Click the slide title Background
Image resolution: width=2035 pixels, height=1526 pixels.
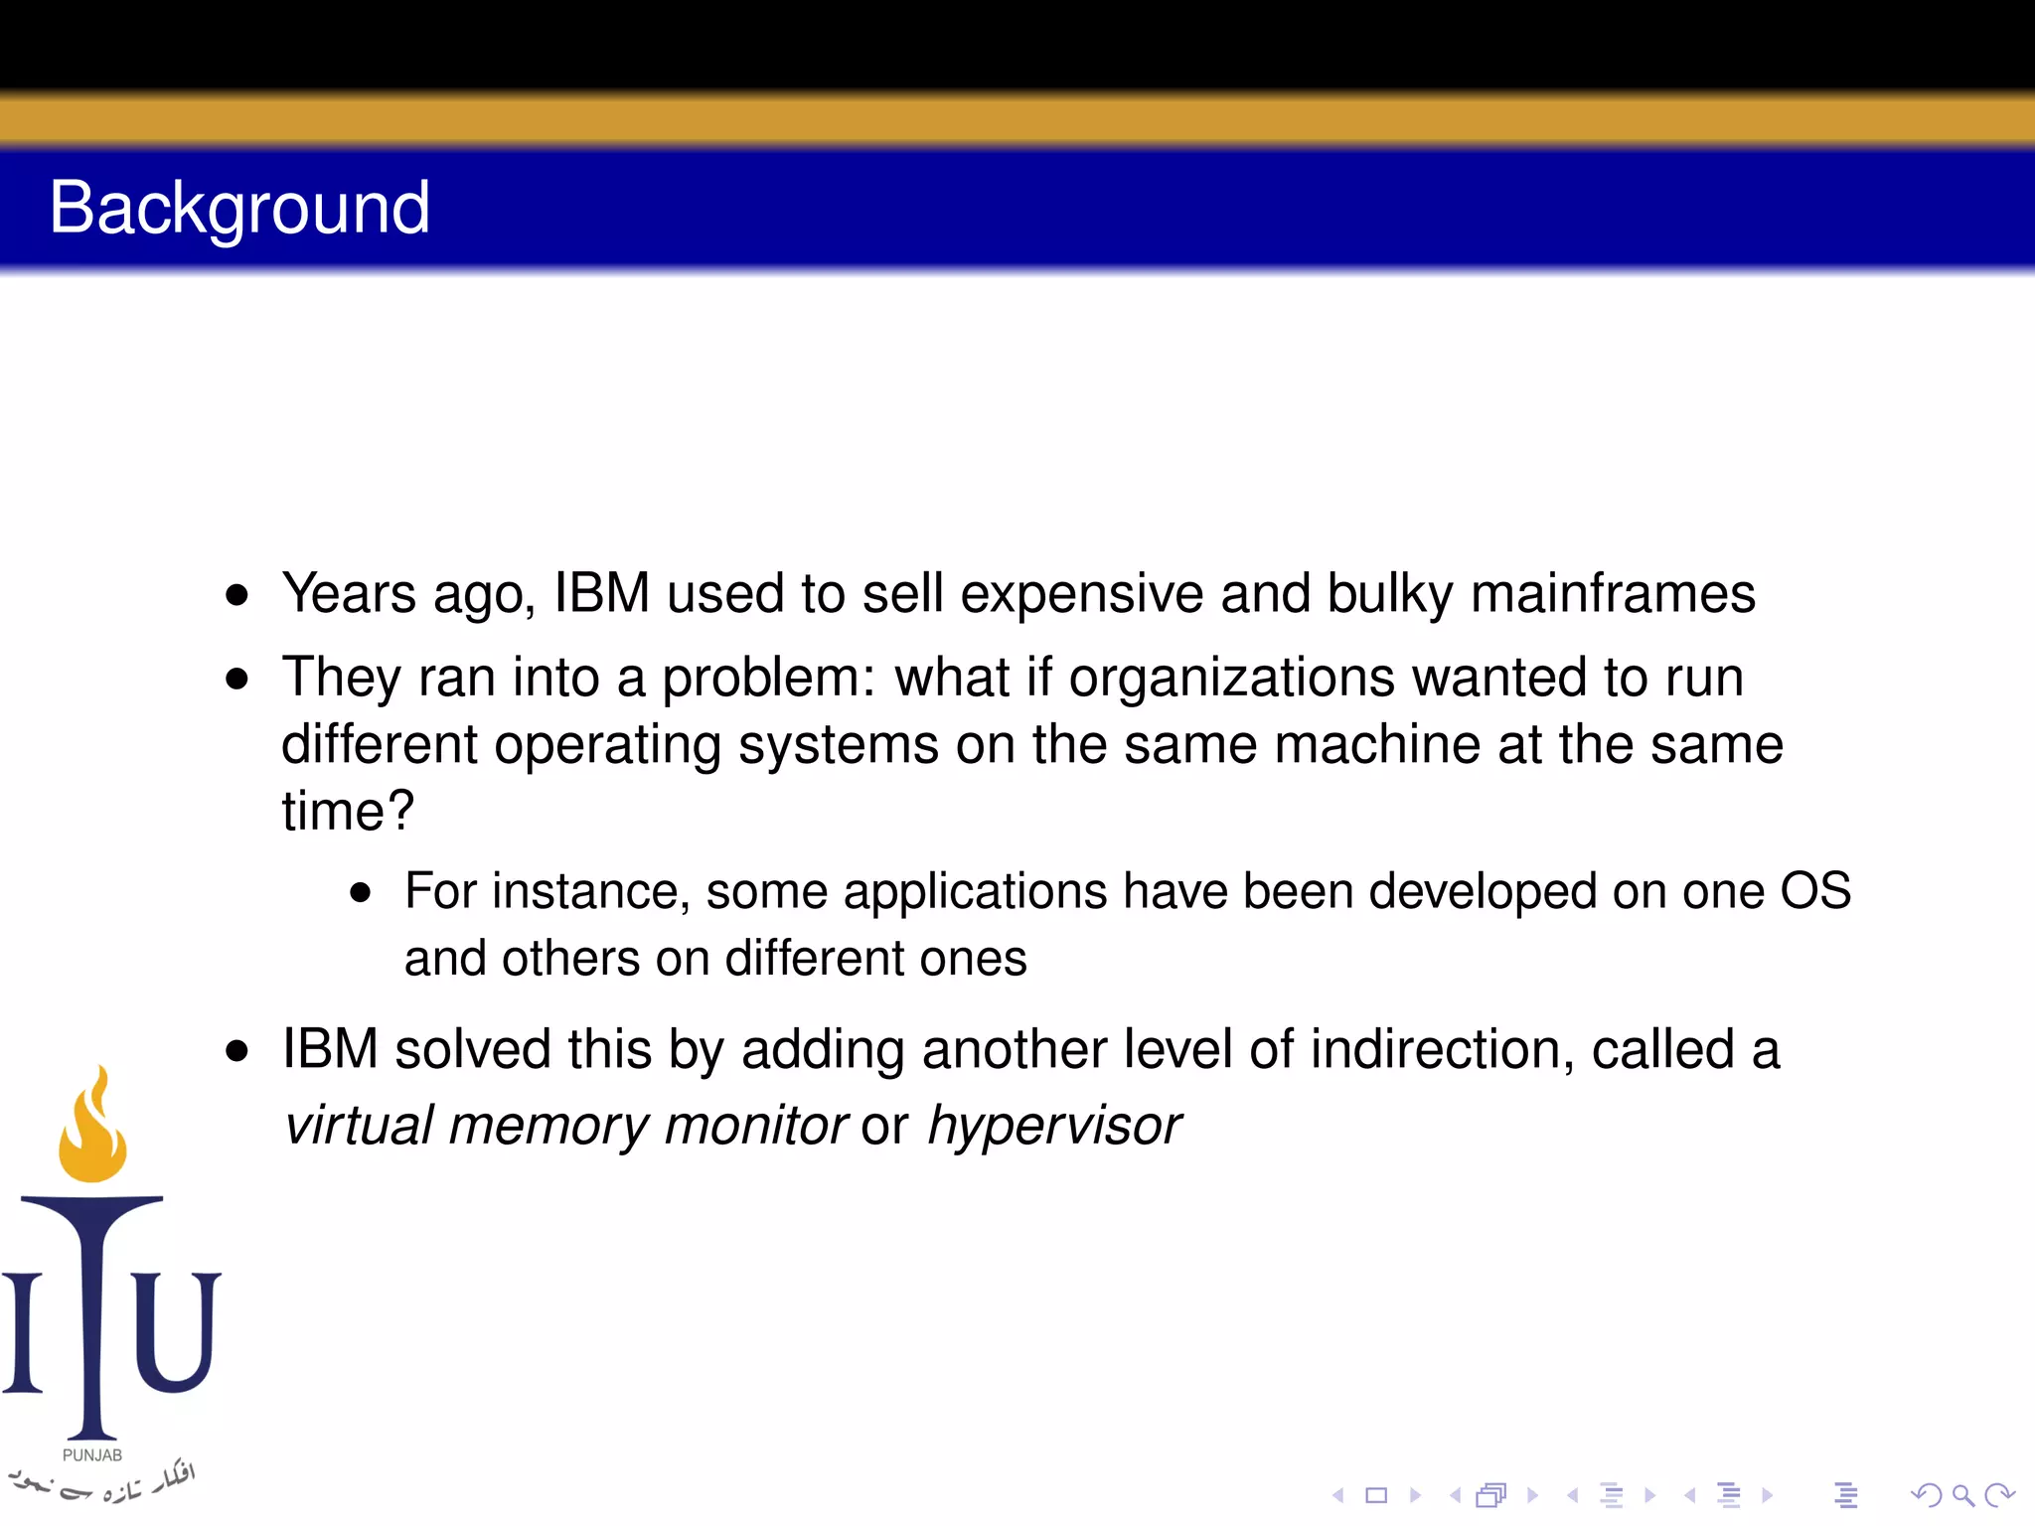[239, 209]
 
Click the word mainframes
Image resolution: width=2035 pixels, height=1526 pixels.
[1613, 594]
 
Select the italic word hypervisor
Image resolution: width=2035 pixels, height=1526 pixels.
[1054, 1126]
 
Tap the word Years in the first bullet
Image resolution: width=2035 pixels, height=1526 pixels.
[349, 594]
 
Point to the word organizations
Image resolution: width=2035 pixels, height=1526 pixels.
[1232, 678]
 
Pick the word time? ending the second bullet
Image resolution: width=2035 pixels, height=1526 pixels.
[348, 811]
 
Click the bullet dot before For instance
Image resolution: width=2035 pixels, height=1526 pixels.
[361, 892]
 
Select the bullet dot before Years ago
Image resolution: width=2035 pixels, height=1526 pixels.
[236, 595]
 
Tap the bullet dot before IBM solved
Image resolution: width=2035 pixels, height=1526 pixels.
[236, 1050]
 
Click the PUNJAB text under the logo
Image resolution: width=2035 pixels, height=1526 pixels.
[92, 1454]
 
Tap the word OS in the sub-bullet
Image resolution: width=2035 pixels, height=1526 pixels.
[1814, 891]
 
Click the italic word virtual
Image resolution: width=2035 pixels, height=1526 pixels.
[359, 1126]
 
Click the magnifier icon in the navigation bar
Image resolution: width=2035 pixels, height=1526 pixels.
[1962, 1494]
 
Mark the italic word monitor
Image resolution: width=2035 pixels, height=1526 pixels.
[756, 1126]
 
